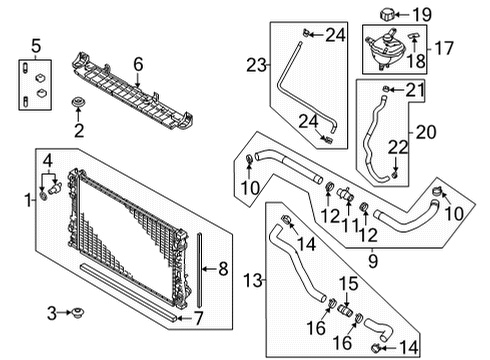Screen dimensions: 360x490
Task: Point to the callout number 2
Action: click(79, 130)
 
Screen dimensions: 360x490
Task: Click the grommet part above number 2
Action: click(79, 103)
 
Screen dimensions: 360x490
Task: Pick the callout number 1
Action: click(27, 200)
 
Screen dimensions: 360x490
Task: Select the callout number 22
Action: click(398, 148)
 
